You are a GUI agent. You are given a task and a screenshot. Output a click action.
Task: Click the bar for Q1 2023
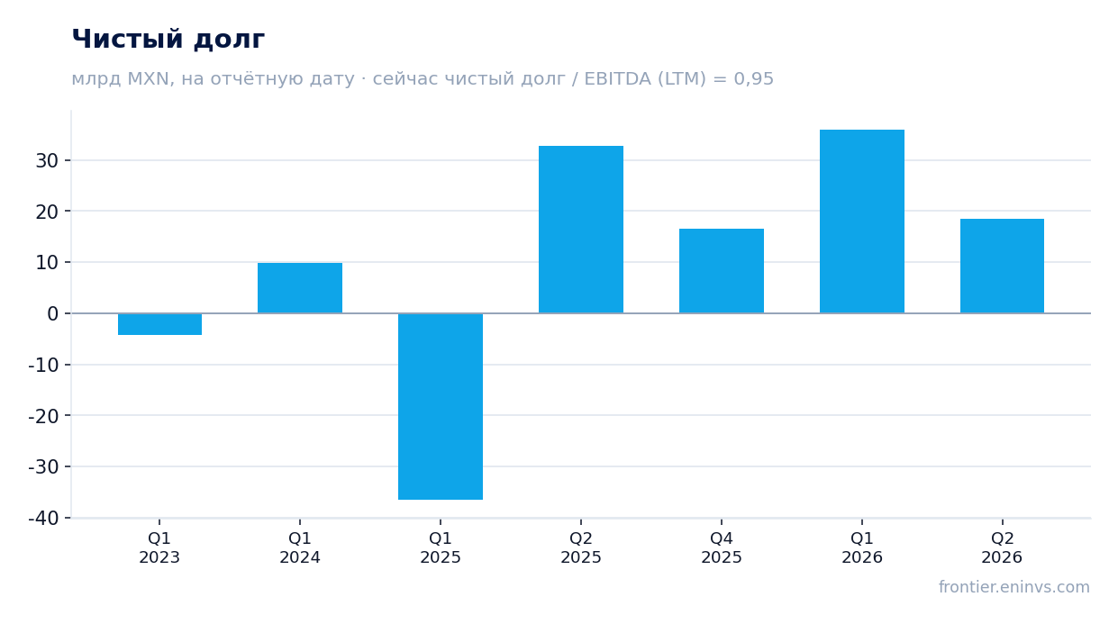tap(159, 324)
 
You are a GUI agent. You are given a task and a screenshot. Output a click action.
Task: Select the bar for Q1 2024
tap(300, 288)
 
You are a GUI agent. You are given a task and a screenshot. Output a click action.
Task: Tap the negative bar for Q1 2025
tap(441, 406)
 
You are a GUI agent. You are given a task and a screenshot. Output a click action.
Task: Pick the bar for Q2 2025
tap(581, 230)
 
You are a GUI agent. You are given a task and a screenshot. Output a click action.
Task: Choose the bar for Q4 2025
tap(722, 271)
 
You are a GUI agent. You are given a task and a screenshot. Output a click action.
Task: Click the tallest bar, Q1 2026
tap(862, 222)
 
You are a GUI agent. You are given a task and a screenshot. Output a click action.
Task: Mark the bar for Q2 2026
tap(1002, 266)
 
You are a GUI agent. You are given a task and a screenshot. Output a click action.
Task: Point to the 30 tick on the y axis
tap(47, 160)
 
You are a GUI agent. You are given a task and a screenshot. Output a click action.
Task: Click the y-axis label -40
tap(43, 519)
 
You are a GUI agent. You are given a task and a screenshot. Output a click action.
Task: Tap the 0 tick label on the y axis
tap(53, 313)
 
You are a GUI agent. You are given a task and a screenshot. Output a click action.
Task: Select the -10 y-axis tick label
tap(43, 365)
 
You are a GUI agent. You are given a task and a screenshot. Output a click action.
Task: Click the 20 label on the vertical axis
tap(47, 212)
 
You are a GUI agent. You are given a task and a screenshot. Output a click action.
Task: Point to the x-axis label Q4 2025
tap(722, 547)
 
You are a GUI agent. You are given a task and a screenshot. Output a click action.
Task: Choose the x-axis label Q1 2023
tap(159, 547)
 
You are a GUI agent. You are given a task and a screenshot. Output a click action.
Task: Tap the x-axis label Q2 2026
tap(1002, 547)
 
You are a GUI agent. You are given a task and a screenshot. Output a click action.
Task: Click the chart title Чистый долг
tap(168, 39)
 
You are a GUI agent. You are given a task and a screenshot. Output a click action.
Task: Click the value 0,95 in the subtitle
tap(754, 79)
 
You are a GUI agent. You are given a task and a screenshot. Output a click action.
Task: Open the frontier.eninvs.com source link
tap(1014, 587)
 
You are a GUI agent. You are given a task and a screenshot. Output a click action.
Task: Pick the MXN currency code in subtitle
tap(149, 79)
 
